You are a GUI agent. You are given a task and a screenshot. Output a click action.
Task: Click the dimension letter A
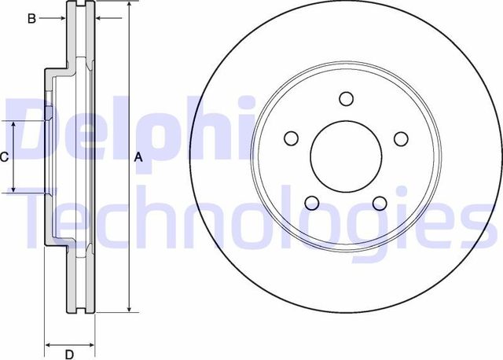pyautogui.click(x=139, y=158)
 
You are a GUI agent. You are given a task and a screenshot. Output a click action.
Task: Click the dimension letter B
pyautogui.click(x=31, y=18)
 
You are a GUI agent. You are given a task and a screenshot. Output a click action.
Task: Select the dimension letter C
pyautogui.click(x=4, y=157)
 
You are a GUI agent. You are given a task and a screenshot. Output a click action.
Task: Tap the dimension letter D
pyautogui.click(x=69, y=353)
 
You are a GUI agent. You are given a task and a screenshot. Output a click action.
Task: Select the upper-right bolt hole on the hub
pyautogui.click(x=401, y=139)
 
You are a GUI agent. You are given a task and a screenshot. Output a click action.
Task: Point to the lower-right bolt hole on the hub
pyautogui.click(x=380, y=204)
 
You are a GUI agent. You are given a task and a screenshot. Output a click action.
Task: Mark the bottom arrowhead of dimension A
pyautogui.click(x=128, y=309)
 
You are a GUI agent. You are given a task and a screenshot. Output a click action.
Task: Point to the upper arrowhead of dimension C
pyautogui.click(x=13, y=125)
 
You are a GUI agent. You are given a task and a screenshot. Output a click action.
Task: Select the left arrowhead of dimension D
pyautogui.click(x=47, y=343)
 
